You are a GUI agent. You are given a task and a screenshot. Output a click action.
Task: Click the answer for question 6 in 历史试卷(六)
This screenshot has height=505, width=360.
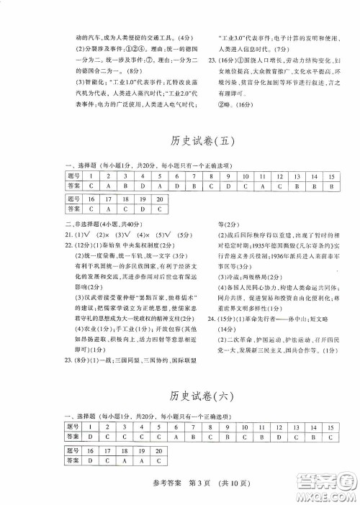(x=175, y=437)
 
